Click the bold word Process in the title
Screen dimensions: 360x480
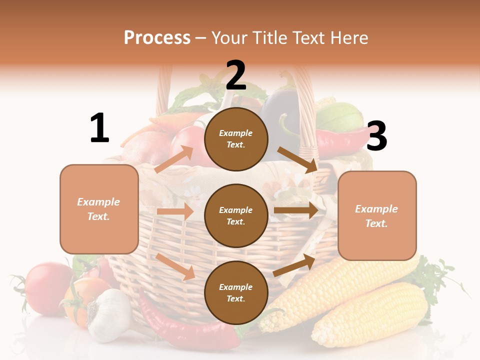click(x=157, y=38)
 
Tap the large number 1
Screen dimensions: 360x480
click(x=99, y=128)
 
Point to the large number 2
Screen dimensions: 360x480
click(x=236, y=75)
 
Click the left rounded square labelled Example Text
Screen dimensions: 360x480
click(x=99, y=209)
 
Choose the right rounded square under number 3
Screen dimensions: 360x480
click(x=377, y=216)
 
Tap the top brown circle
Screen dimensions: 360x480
click(x=236, y=139)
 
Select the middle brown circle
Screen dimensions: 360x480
click(x=236, y=215)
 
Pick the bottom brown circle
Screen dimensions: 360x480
click(x=236, y=292)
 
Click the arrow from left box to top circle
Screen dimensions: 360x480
click(x=174, y=159)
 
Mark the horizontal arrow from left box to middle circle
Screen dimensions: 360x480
click(x=175, y=211)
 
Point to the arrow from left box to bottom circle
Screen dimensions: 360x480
click(x=175, y=266)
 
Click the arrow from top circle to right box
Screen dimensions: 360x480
click(x=297, y=159)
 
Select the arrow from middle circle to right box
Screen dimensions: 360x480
click(x=295, y=210)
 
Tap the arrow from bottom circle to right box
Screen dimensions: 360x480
click(x=294, y=265)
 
